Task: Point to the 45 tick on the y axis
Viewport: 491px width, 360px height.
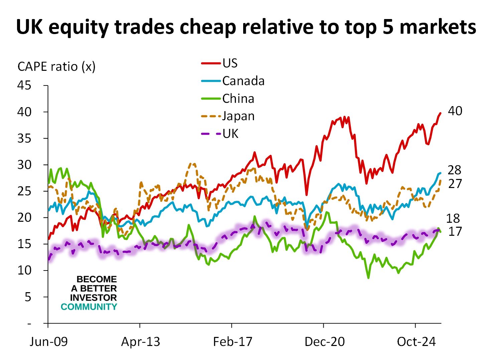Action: pyautogui.click(x=24, y=85)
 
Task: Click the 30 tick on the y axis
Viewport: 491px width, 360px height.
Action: pyautogui.click(x=24, y=165)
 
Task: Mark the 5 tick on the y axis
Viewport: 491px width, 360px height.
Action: pyautogui.click(x=28, y=297)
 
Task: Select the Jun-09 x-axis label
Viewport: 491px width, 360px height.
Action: pyautogui.click(x=48, y=342)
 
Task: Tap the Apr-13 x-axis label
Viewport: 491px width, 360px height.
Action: pyautogui.click(x=140, y=342)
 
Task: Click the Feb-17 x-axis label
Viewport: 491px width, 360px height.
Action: pyautogui.click(x=232, y=342)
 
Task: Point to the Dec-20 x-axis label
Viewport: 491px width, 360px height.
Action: pyautogui.click(x=324, y=342)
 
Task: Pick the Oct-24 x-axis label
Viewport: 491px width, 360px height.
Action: pyautogui.click(x=416, y=342)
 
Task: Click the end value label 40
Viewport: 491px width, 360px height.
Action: pyautogui.click(x=455, y=111)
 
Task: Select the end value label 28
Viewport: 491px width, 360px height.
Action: pyautogui.click(x=454, y=170)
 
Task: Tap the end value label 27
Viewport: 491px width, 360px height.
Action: pyautogui.click(x=455, y=184)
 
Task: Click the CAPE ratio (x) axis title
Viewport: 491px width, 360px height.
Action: pyautogui.click(x=56, y=66)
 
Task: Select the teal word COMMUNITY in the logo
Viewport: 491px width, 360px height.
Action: pyautogui.click(x=89, y=307)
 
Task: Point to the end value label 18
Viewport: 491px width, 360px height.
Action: pyautogui.click(x=453, y=218)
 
